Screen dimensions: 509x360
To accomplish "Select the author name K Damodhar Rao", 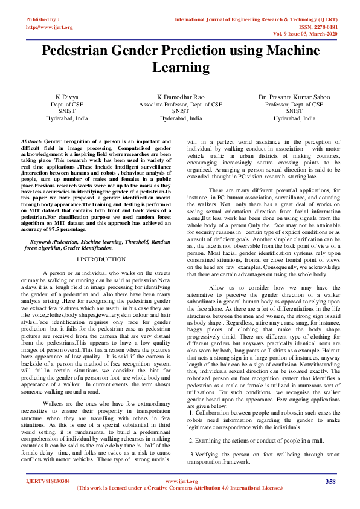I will pos(181,97).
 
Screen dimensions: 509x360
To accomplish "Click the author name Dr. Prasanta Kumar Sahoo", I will pos(294,97).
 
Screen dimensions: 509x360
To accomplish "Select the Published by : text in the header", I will pos(43,20).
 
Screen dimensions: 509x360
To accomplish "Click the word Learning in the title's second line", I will pos(180,69).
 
